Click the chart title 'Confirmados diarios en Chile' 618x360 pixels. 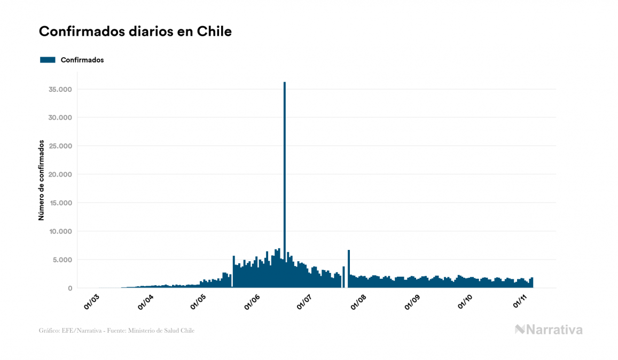[x=135, y=32]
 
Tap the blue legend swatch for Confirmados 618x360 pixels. [x=48, y=60]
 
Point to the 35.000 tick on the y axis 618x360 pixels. [x=59, y=89]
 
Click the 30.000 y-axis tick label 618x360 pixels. [x=59, y=118]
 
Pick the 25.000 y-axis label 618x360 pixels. [x=59, y=146]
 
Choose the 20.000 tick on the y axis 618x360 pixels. [x=59, y=175]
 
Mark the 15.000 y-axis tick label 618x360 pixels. [x=59, y=203]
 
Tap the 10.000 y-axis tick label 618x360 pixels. [x=59, y=231]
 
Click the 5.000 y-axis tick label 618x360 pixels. [x=61, y=260]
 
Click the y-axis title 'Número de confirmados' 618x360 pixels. [x=41, y=180]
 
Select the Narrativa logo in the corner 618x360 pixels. [x=549, y=330]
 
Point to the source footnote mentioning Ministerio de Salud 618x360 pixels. [x=117, y=331]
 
